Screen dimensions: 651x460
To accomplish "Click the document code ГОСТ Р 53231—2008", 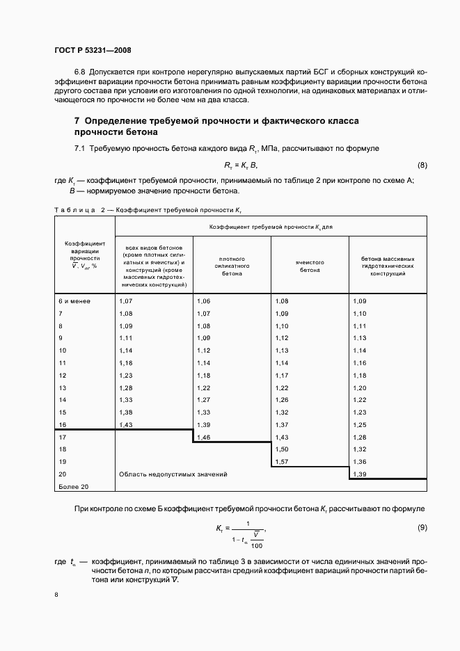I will (x=93, y=51).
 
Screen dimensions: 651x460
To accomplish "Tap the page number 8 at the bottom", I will (x=56, y=595).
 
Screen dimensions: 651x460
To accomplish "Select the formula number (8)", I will (x=422, y=165).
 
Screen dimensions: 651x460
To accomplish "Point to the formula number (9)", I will (x=422, y=528).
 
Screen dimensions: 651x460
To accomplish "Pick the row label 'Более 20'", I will (x=74, y=506).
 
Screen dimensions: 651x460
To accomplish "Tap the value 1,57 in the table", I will (x=282, y=481).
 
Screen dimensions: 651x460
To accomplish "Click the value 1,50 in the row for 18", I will (x=282, y=469).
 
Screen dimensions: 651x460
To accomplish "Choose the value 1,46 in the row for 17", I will (x=204, y=456).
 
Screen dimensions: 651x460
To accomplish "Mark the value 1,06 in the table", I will (x=204, y=300).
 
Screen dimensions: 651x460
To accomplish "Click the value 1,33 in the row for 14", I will (x=126, y=400).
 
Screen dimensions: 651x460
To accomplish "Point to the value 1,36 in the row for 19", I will (x=360, y=481).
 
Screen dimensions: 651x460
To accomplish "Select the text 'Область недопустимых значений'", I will (x=173, y=494).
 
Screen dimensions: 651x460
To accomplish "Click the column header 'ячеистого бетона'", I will (x=310, y=266).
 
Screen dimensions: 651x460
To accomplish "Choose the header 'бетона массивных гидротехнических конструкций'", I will (x=388, y=266).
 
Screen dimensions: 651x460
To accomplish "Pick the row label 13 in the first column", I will (x=63, y=387).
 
